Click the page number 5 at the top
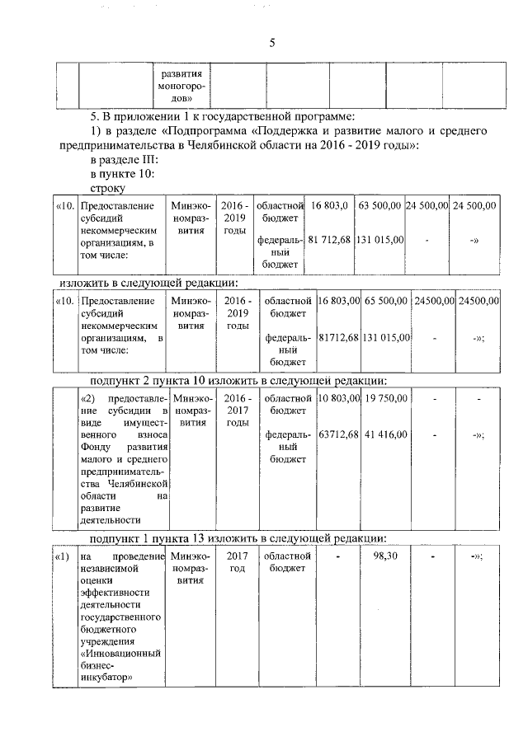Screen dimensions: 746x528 point(271,42)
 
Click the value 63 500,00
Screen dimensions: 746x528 point(379,205)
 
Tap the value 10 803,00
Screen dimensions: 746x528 point(339,399)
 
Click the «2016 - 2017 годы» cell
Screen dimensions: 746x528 point(237,411)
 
